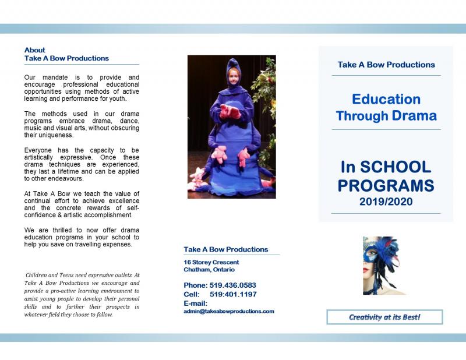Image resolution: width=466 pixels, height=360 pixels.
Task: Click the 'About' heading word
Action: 34,50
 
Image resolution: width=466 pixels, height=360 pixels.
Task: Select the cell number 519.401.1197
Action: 233,294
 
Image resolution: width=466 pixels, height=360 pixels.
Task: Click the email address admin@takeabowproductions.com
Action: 228,311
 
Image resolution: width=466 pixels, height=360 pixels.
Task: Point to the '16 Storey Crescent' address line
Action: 211,262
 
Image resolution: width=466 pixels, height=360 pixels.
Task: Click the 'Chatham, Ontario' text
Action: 209,270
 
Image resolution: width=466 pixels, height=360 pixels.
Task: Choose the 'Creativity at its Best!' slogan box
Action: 384,317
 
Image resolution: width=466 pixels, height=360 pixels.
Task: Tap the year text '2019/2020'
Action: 386,202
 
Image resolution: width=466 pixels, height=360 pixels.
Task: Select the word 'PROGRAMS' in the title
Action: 386,186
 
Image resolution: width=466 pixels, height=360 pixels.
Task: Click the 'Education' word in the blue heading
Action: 386,99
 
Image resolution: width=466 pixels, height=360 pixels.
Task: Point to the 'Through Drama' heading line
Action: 386,115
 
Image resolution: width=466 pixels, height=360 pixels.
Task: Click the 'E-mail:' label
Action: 195,303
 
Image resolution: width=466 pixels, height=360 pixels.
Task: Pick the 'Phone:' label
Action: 195,285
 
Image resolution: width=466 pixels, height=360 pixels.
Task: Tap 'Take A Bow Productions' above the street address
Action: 226,249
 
